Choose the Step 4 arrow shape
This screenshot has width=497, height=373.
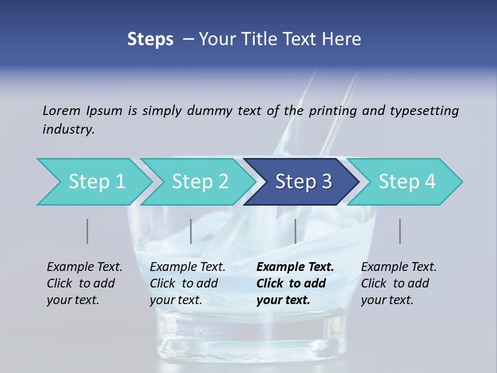406,182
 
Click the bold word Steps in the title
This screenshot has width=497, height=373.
150,39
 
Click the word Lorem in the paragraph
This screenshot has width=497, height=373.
62,110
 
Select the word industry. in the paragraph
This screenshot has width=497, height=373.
68,129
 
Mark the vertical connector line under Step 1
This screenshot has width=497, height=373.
87,231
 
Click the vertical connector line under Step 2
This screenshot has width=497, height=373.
191,231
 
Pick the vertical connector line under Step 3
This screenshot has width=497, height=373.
295,231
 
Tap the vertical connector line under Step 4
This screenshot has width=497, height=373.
400,231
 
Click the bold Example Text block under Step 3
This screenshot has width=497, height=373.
295,283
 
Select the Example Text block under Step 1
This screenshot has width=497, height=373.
84,283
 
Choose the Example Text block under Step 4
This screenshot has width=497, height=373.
399,283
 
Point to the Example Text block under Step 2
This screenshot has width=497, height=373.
187,283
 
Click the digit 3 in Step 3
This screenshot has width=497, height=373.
326,182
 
